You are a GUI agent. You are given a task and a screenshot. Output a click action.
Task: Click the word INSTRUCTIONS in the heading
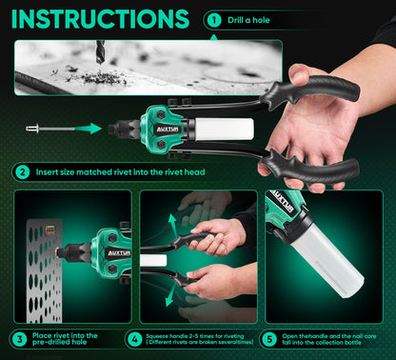pyautogui.click(x=99, y=19)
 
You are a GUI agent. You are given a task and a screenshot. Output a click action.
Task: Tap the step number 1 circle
pyautogui.click(x=213, y=19)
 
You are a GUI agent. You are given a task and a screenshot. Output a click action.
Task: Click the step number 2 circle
pyautogui.click(x=22, y=172)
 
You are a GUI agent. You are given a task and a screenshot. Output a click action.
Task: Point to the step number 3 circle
pyautogui.click(x=18, y=338)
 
